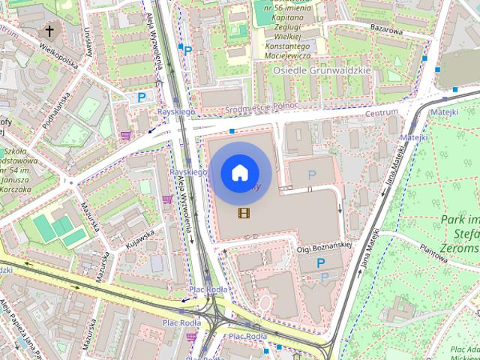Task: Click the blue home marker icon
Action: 239,173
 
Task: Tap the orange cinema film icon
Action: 243,213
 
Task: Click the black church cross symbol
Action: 50,31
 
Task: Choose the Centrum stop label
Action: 381,113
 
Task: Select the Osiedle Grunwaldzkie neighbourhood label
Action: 322,71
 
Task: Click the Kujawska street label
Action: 140,239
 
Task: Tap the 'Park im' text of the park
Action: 459,220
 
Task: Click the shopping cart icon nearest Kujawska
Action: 167,199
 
